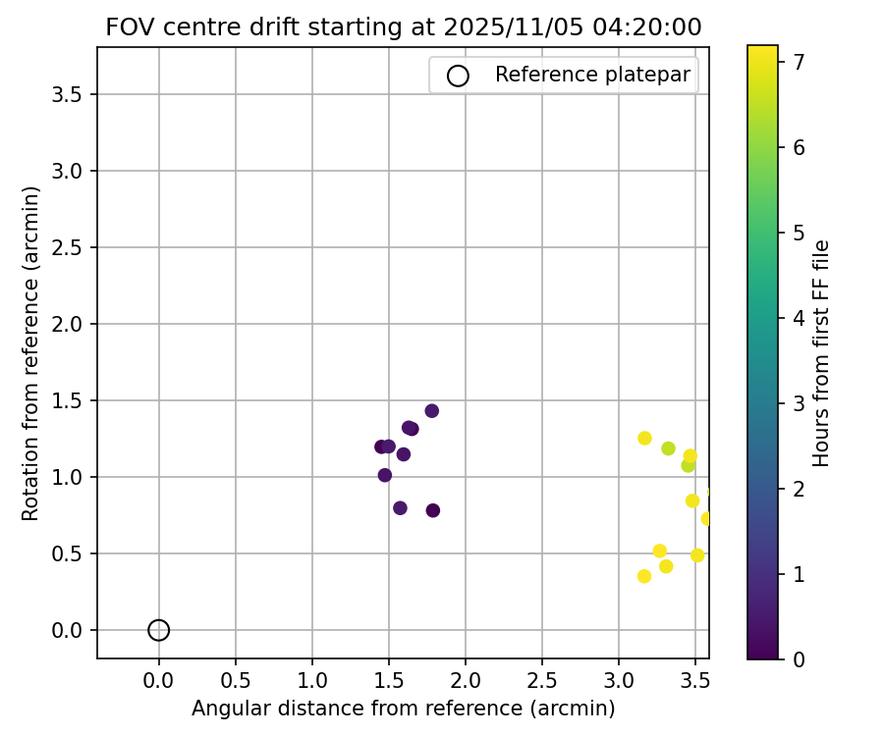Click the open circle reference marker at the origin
point(159,630)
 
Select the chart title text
point(404,27)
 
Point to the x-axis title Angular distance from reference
point(404,709)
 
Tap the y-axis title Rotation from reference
point(31,353)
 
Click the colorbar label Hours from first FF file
point(822,353)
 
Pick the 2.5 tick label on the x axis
point(542,678)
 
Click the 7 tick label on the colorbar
point(800,62)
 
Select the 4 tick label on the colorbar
point(800,318)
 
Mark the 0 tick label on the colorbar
point(800,658)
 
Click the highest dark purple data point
point(432,411)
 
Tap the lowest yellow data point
point(644,576)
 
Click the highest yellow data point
point(644,438)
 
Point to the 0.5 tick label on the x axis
point(236,678)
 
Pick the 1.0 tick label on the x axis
point(312,678)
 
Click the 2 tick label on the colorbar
point(800,488)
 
